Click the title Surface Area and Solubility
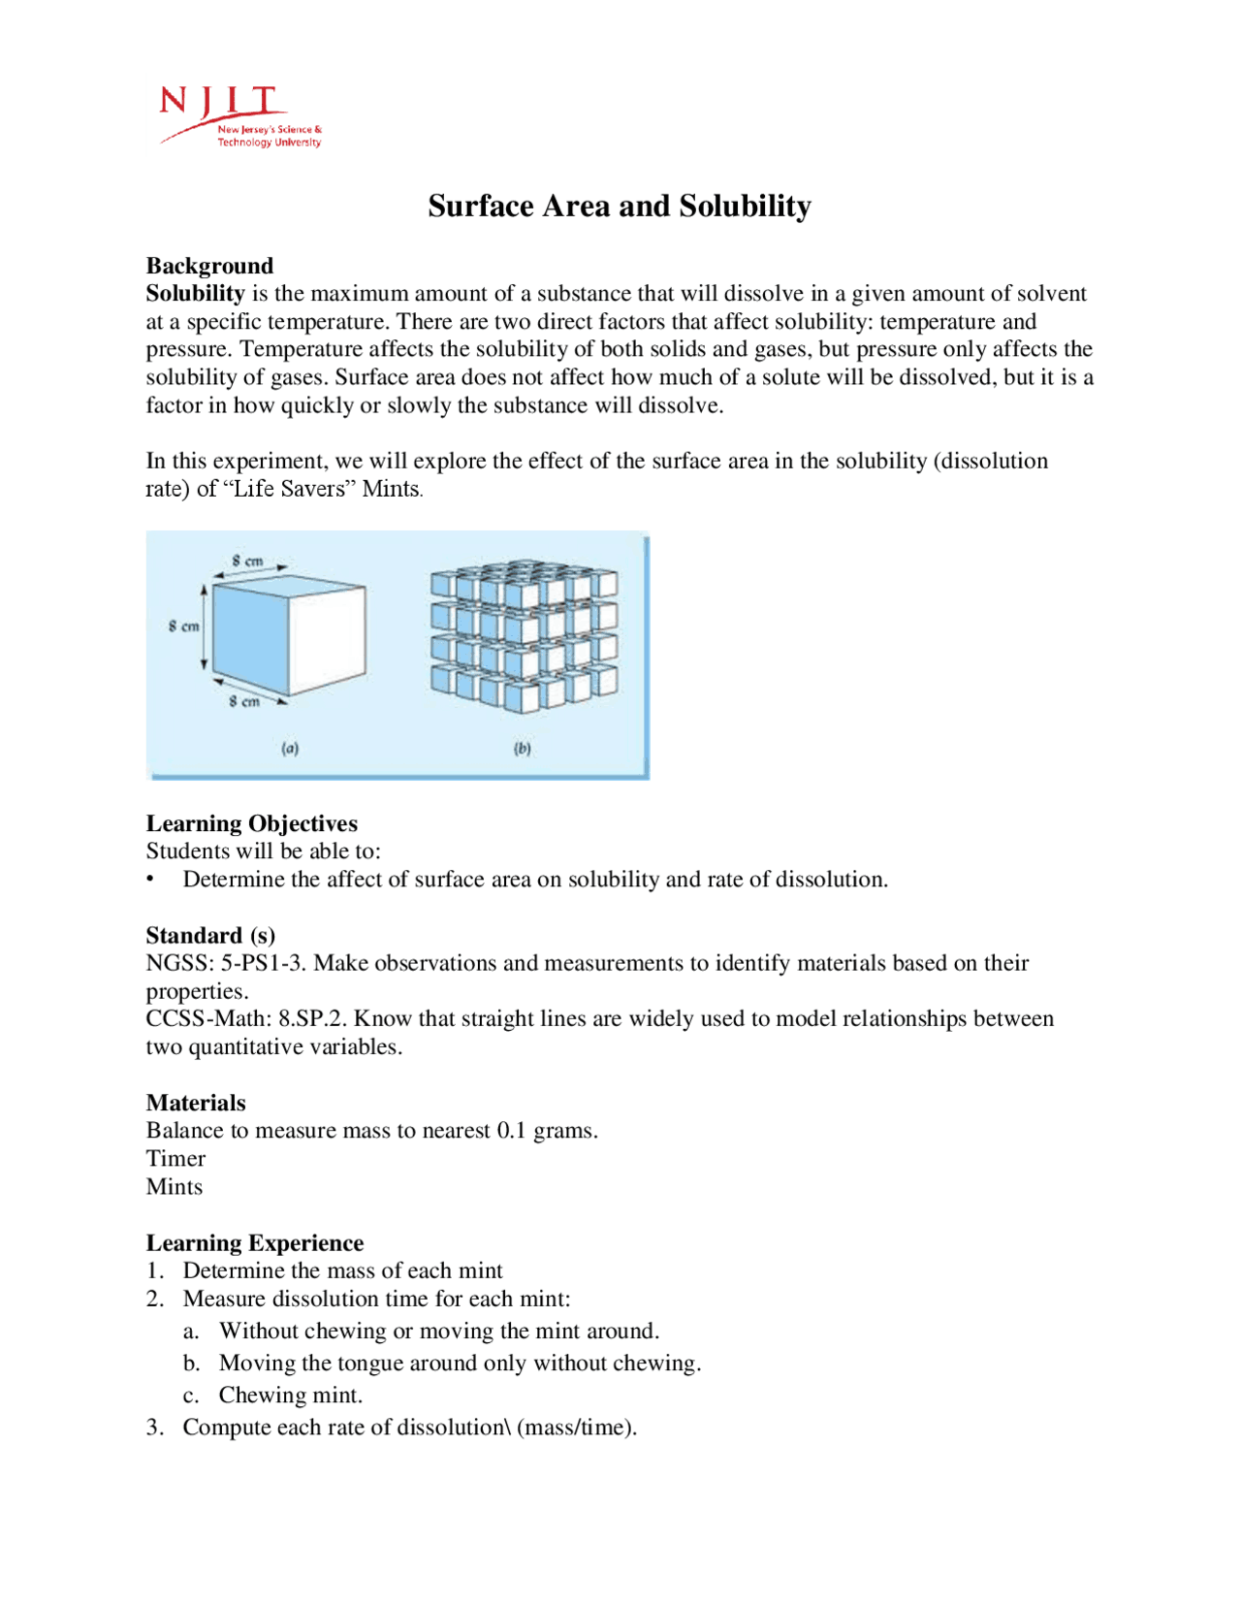coord(620,207)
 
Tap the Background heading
coord(209,266)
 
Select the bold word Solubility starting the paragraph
coord(195,293)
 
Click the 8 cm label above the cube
coord(248,561)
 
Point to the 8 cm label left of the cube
coord(183,626)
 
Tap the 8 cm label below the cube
coord(244,701)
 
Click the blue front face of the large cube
coord(249,635)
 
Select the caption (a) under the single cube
coord(290,749)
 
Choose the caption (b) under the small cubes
coord(523,749)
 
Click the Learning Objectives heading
coord(251,823)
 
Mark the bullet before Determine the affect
coord(151,879)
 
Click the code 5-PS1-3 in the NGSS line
coord(262,963)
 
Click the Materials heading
coord(196,1103)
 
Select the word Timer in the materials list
coord(175,1159)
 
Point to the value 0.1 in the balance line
coord(511,1131)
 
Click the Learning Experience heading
coord(255,1243)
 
